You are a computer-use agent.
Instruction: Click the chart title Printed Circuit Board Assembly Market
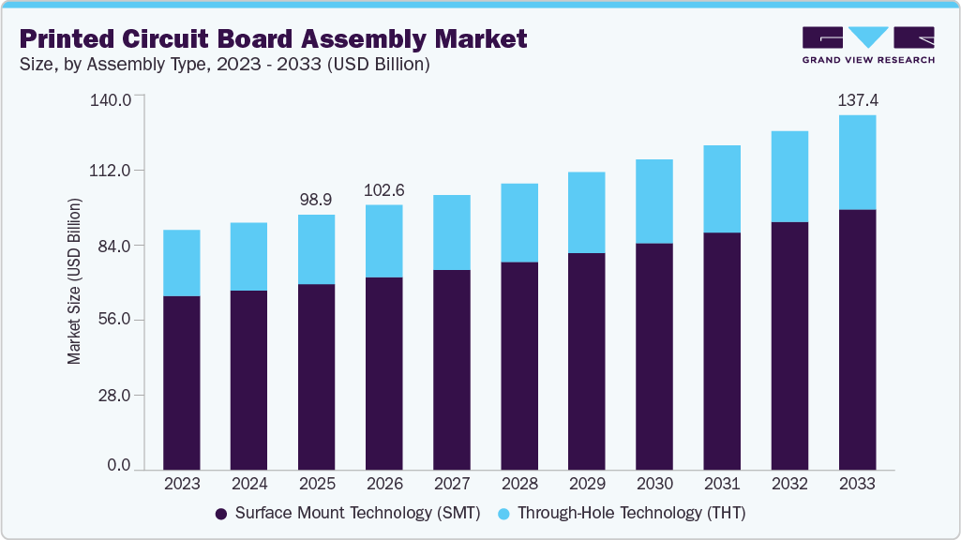(x=273, y=38)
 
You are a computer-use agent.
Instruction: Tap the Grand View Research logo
(x=867, y=45)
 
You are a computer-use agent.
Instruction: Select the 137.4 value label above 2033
(x=857, y=99)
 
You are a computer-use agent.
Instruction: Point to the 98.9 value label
(x=316, y=199)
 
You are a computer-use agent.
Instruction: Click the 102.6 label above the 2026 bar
(x=383, y=189)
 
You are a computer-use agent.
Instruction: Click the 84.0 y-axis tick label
(x=114, y=246)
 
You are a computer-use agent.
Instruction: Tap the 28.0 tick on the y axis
(x=114, y=395)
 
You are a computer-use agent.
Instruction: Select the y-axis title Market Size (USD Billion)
(x=74, y=281)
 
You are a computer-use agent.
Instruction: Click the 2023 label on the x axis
(x=181, y=484)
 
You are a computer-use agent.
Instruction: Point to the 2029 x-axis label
(x=586, y=484)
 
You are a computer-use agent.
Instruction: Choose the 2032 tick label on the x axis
(x=789, y=484)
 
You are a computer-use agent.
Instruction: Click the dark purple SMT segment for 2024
(x=248, y=380)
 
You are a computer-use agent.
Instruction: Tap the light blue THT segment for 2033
(x=857, y=162)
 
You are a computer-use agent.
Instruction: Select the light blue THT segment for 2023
(x=181, y=262)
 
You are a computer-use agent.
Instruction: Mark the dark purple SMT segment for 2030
(x=653, y=356)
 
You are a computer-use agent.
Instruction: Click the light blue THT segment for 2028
(x=518, y=222)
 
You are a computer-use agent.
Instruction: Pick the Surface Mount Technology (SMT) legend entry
(x=348, y=513)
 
